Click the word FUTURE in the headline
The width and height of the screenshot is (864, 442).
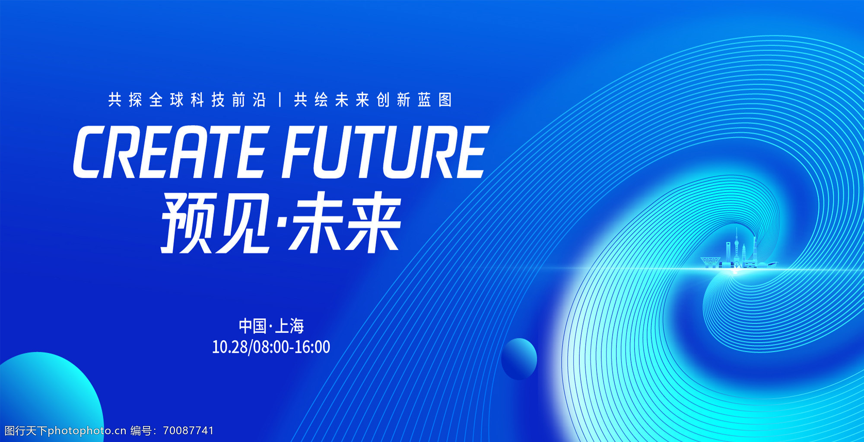click(385, 152)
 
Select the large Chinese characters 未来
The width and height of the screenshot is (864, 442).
click(345, 223)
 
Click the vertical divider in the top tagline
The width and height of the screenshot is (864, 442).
click(280, 100)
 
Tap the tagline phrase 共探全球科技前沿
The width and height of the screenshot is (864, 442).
click(187, 100)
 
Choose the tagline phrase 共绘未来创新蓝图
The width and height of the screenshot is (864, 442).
click(373, 100)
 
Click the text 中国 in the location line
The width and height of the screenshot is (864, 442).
click(253, 326)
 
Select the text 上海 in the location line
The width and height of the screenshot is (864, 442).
click(289, 326)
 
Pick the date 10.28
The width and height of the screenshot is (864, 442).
click(230, 347)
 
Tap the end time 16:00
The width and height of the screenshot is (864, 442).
click(312, 347)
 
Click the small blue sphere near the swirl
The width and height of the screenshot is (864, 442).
click(519, 359)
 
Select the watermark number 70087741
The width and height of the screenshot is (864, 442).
click(188, 430)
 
